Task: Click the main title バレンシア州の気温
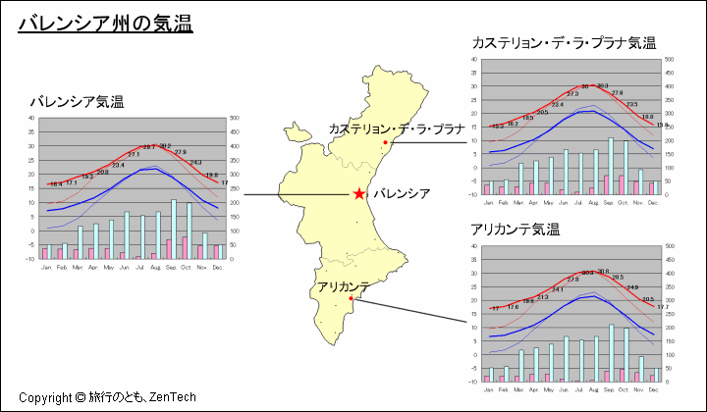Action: point(105,23)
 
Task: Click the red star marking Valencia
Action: point(360,194)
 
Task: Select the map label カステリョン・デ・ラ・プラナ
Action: point(396,129)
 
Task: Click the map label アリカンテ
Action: point(343,285)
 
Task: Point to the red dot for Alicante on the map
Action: point(353,299)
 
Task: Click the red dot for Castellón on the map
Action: point(386,143)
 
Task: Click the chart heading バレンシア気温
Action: point(77,102)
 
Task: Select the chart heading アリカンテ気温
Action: point(515,231)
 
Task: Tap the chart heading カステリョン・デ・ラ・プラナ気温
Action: point(564,43)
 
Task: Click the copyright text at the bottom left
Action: point(107,397)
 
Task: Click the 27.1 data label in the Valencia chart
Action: point(134,154)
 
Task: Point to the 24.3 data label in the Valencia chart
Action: point(195,162)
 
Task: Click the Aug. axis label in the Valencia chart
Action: point(154,267)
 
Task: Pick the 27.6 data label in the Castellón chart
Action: point(617,93)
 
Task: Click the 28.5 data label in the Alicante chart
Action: point(618,278)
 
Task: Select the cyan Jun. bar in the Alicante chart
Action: point(566,359)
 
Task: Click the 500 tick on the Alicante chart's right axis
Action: point(670,246)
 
